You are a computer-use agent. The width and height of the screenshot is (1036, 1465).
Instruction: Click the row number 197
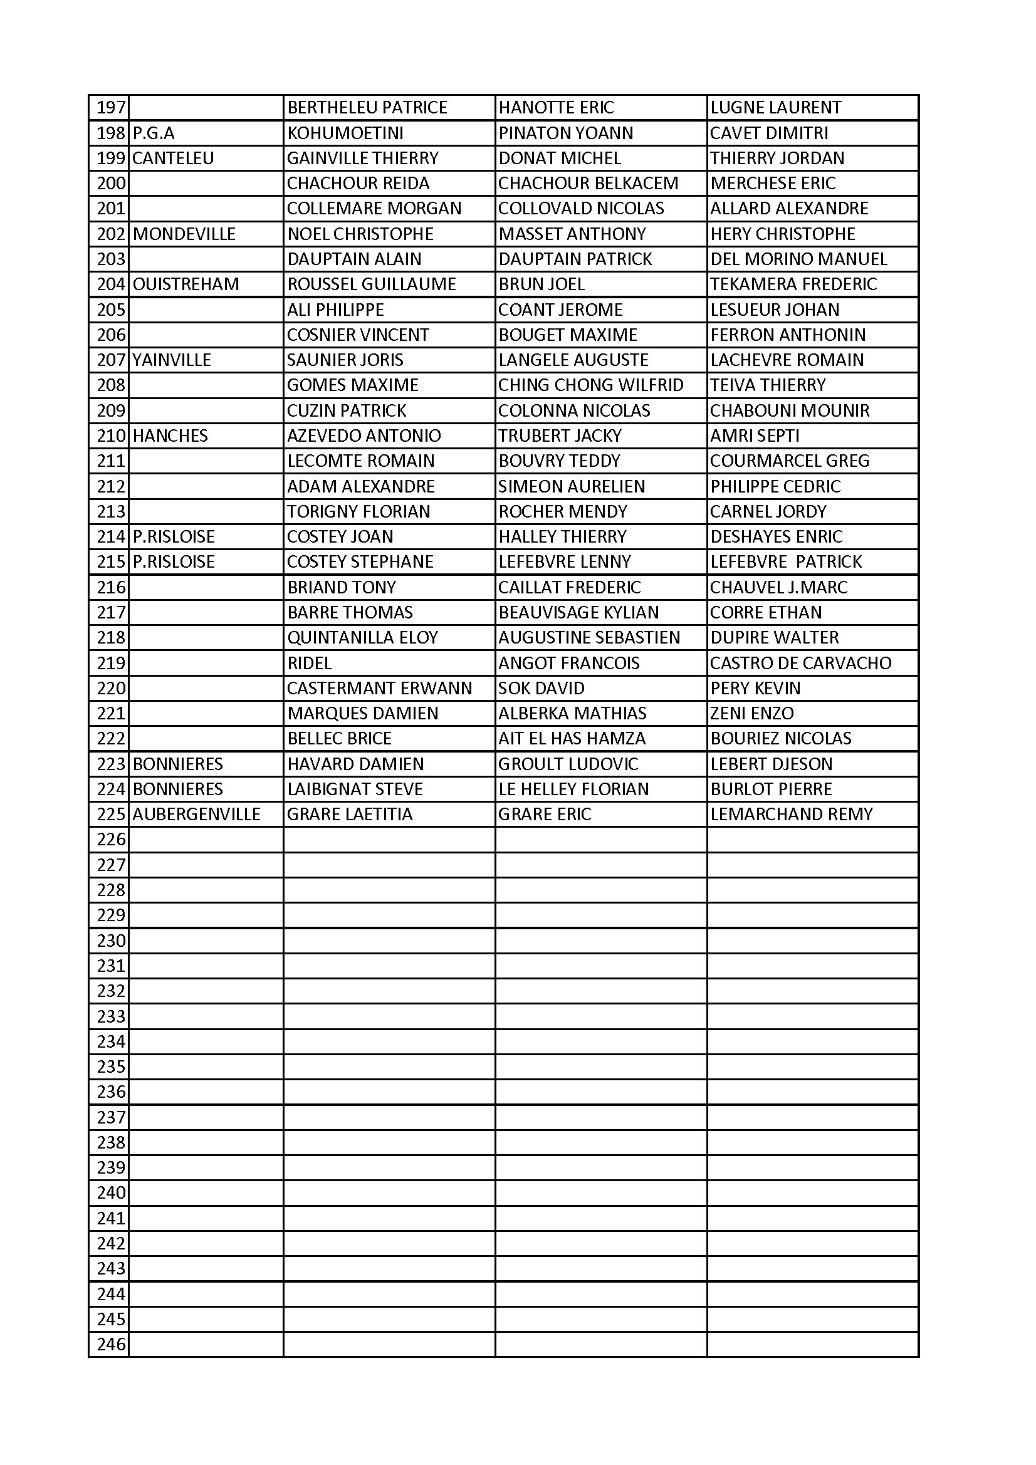coord(110,108)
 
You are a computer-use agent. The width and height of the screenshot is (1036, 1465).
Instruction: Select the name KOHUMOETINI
coord(345,133)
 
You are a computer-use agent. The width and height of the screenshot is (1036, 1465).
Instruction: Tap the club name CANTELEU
coord(173,159)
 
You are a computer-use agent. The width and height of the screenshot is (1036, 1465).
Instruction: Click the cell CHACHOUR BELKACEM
coord(588,184)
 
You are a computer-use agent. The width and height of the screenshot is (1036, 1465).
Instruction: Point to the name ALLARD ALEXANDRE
coord(789,209)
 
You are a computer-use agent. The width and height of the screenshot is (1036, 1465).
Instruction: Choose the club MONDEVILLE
coord(184,234)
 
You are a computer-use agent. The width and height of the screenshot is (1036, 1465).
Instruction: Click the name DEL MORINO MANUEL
coord(798,259)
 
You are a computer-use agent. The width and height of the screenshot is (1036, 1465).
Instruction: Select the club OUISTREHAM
coord(186,284)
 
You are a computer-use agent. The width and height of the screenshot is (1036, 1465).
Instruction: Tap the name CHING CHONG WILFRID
coord(590,385)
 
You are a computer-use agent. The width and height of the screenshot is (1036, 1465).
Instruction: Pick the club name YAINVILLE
coord(172,360)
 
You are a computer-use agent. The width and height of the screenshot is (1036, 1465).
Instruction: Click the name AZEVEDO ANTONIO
coord(364,435)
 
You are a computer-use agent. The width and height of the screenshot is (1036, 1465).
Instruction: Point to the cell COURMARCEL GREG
coord(790,461)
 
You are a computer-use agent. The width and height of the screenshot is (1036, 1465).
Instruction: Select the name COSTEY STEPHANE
coord(360,562)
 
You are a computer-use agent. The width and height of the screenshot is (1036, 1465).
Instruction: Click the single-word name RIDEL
coord(310,664)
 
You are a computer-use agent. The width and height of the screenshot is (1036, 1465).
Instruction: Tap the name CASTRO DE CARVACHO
coord(800,664)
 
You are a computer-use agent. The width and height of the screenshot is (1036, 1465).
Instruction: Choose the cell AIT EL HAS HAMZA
coord(572,739)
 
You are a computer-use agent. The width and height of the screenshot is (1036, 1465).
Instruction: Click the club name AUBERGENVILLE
coord(197,815)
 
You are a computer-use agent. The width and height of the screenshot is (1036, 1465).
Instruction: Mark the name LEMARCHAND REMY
coord(792,815)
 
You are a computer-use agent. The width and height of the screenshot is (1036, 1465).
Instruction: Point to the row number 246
coord(111,1345)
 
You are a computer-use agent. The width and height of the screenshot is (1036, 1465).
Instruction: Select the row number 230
coord(111,941)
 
